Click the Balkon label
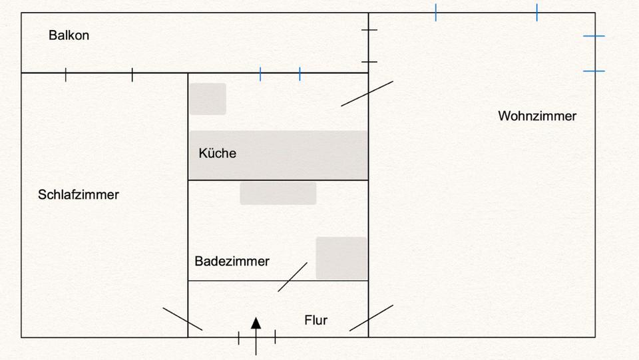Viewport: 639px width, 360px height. click(69, 35)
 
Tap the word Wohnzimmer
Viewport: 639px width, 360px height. click(537, 116)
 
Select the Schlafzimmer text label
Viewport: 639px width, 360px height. click(79, 195)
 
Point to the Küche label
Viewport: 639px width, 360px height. click(217, 153)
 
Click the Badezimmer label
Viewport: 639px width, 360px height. click(232, 262)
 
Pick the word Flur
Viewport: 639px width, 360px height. click(316, 320)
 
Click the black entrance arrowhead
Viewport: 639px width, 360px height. click(256, 323)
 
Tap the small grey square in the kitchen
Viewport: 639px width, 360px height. click(207, 98)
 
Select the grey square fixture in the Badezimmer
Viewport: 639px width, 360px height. click(341, 258)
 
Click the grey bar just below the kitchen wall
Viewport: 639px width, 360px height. click(278, 193)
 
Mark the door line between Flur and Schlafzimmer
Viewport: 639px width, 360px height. click(182, 319)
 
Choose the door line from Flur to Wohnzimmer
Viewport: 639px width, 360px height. click(371, 318)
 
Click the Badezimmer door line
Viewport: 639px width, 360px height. click(292, 277)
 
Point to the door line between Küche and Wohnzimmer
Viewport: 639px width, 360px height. click(367, 93)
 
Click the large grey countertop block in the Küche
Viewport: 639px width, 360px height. click(278, 155)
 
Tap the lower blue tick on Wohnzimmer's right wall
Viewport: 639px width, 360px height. click(594, 71)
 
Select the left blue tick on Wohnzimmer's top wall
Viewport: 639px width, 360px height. click(436, 12)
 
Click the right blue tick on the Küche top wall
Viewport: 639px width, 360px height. click(300, 74)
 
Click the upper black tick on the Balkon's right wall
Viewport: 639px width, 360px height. click(369, 30)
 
